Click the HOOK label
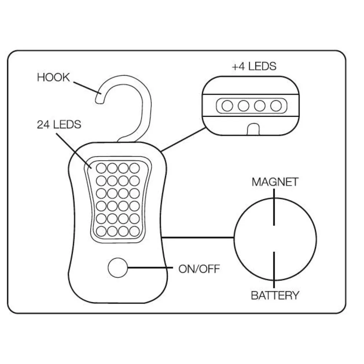(53, 78)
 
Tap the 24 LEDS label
(59, 124)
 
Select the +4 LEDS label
(254, 66)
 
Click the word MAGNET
(275, 182)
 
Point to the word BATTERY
(275, 295)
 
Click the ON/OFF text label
(199, 269)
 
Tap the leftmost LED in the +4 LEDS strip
(228, 106)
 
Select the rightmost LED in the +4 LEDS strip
(276, 106)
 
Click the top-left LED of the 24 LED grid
(101, 168)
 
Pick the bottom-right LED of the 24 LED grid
(135, 230)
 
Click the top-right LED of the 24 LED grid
(135, 168)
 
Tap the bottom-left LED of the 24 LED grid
(101, 230)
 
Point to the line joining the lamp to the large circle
(198, 238)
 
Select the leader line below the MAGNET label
(274, 211)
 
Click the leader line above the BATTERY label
(274, 267)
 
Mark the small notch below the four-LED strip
(254, 129)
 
